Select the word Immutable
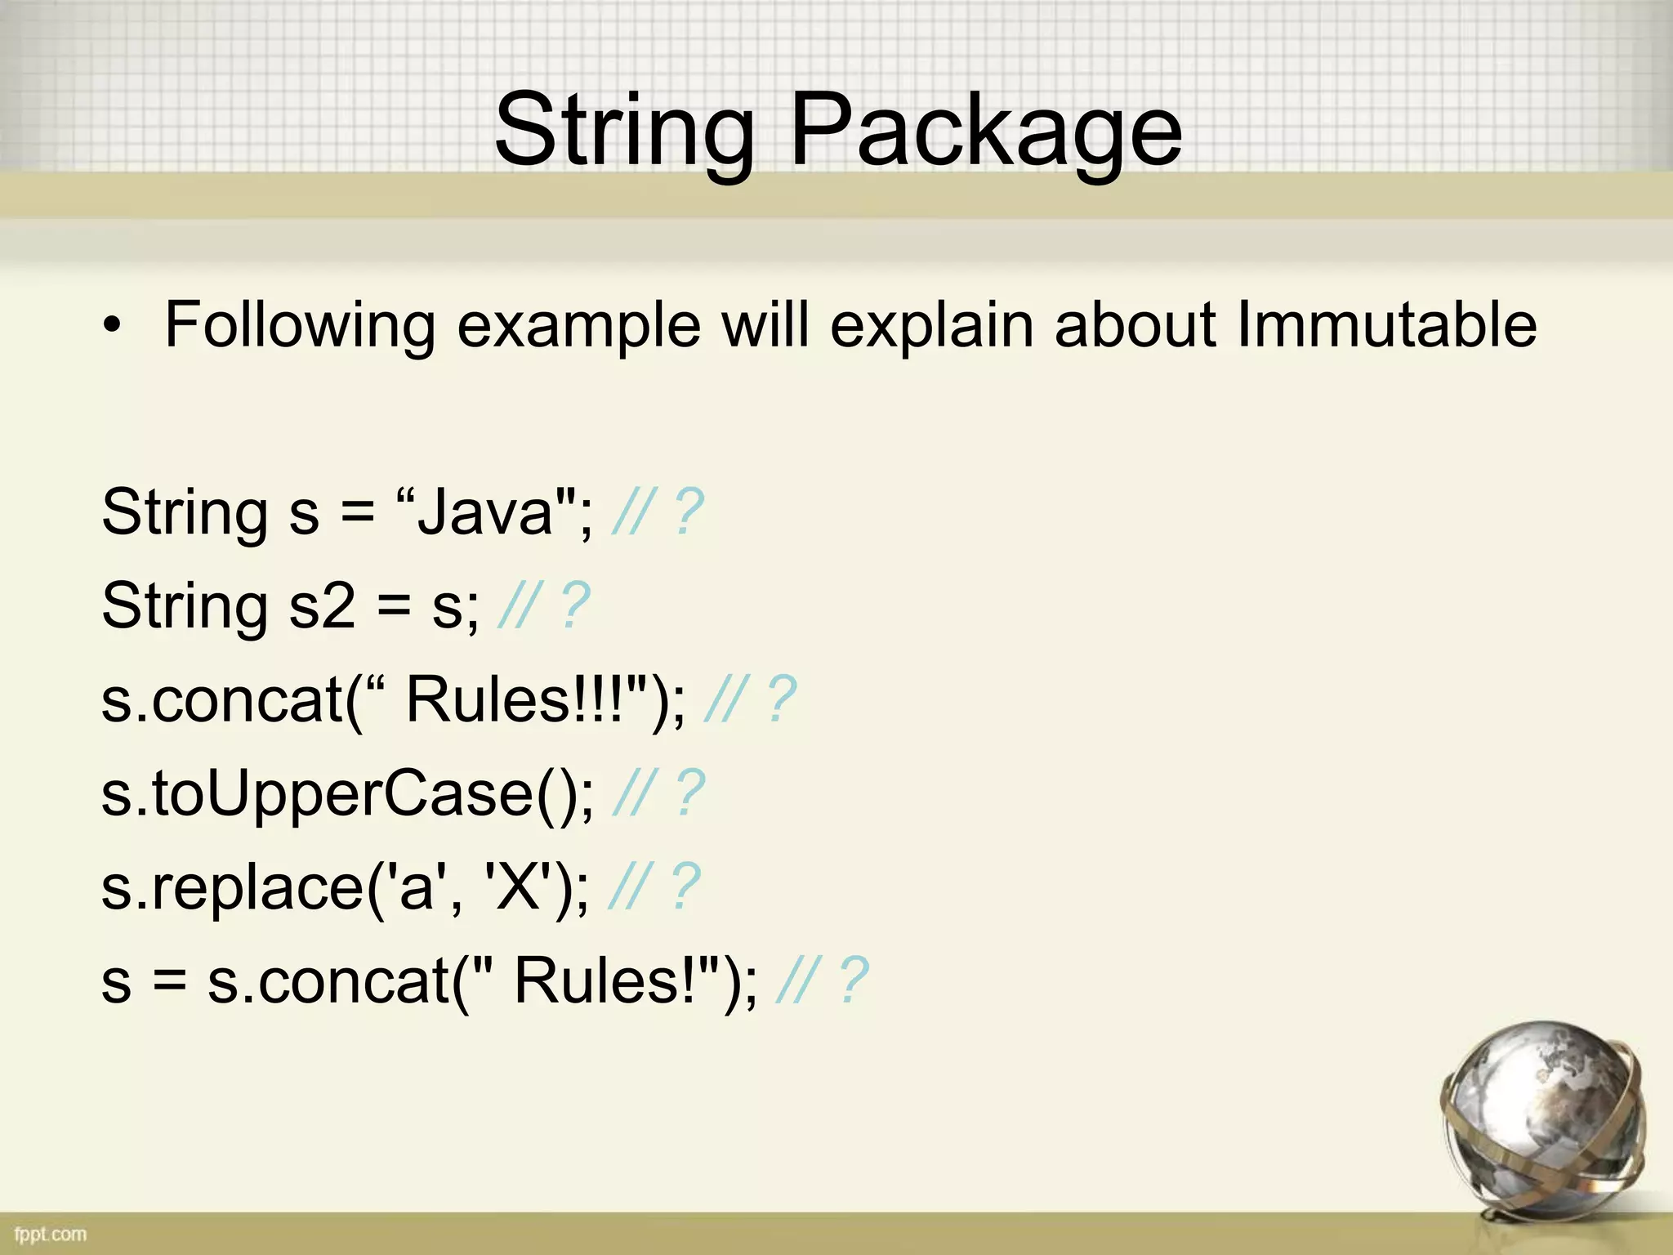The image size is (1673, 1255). [1386, 324]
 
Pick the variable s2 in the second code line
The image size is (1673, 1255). [322, 606]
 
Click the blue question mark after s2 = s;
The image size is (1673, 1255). [576, 606]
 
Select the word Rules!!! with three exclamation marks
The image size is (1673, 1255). [519, 700]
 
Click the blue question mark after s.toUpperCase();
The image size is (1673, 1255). [690, 794]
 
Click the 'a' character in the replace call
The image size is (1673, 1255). [417, 888]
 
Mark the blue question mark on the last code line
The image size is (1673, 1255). [854, 981]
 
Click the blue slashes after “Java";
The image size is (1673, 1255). [633, 512]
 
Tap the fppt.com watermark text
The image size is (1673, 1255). [50, 1234]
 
